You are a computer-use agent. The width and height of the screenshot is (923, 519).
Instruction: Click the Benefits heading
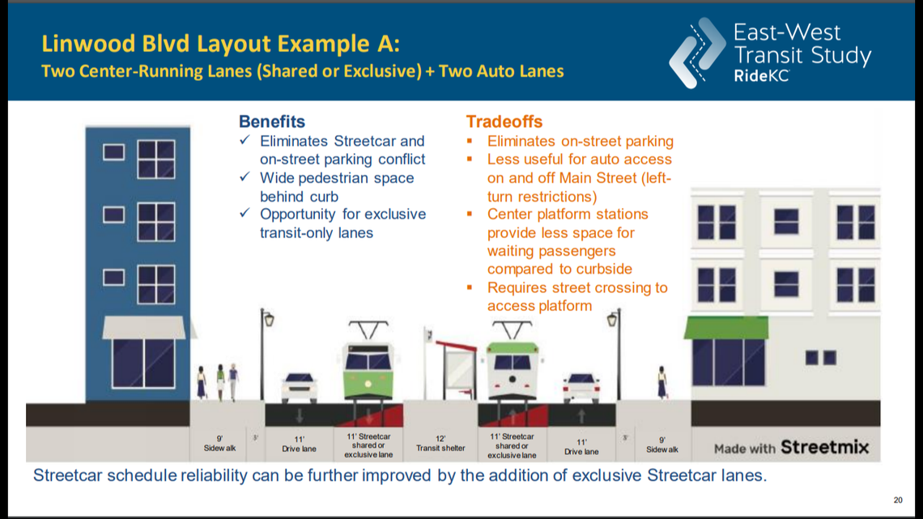(271, 121)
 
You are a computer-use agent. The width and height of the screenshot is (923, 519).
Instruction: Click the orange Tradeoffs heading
(504, 121)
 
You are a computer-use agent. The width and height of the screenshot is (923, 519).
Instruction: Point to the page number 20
(896, 500)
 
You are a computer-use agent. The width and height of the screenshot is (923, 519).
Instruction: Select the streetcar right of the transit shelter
(513, 368)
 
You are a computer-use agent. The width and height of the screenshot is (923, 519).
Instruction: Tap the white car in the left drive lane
(299, 388)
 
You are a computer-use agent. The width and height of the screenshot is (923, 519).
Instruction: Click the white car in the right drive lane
(581, 388)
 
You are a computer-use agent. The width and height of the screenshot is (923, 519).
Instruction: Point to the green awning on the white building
(725, 328)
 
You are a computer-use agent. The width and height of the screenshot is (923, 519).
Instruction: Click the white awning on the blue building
(143, 328)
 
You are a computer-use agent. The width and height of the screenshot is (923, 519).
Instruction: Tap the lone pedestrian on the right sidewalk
(661, 382)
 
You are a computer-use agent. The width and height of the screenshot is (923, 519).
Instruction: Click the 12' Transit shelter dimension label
(441, 444)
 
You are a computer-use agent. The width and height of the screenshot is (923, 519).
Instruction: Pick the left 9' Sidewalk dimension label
(220, 444)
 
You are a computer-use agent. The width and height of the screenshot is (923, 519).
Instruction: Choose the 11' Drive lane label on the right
(581, 447)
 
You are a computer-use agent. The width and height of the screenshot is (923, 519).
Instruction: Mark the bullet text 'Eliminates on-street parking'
(580, 142)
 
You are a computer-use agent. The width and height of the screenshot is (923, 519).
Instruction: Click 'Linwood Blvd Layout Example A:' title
(220, 42)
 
